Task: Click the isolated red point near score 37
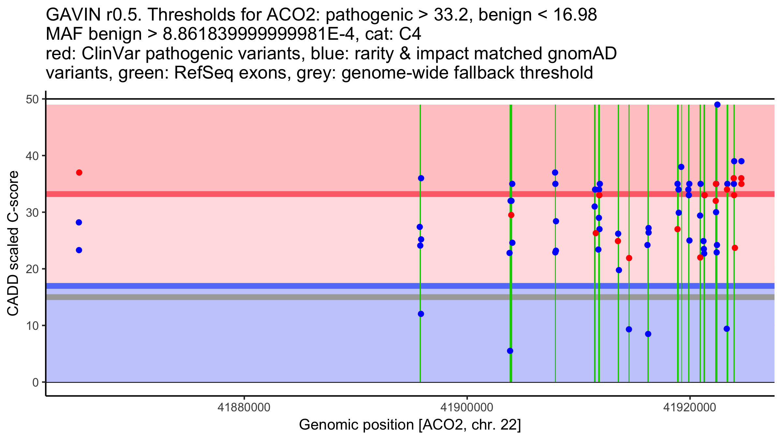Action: pyautogui.click(x=79, y=172)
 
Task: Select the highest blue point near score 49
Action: pyautogui.click(x=717, y=105)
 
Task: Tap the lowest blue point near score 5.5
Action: pyautogui.click(x=510, y=351)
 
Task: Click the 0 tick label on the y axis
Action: pyautogui.click(x=35, y=382)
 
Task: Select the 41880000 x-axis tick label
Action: pyautogui.click(x=244, y=407)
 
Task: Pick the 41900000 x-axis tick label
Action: pyautogui.click(x=467, y=407)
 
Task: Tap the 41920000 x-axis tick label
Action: pyautogui.click(x=689, y=407)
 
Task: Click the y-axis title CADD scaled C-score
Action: pyautogui.click(x=13, y=244)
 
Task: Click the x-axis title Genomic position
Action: pyautogui.click(x=410, y=425)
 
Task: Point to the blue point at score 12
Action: pyautogui.click(x=421, y=314)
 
